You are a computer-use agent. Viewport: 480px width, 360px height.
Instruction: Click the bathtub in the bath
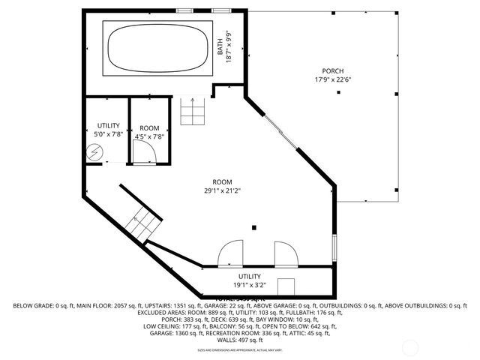point(157,47)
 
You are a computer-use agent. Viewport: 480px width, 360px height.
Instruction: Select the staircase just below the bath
point(192,112)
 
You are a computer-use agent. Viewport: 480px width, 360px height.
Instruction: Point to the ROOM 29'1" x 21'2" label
point(222,186)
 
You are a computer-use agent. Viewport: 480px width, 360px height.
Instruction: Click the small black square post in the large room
point(254,226)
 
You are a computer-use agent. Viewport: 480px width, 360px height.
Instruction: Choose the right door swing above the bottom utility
point(285,254)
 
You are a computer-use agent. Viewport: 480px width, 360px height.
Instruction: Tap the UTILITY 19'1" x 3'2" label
point(250,280)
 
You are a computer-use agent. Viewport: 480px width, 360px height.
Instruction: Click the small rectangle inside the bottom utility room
point(286,287)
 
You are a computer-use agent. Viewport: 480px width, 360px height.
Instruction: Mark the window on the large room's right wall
point(334,247)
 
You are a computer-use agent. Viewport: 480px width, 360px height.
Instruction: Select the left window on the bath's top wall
point(184,10)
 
